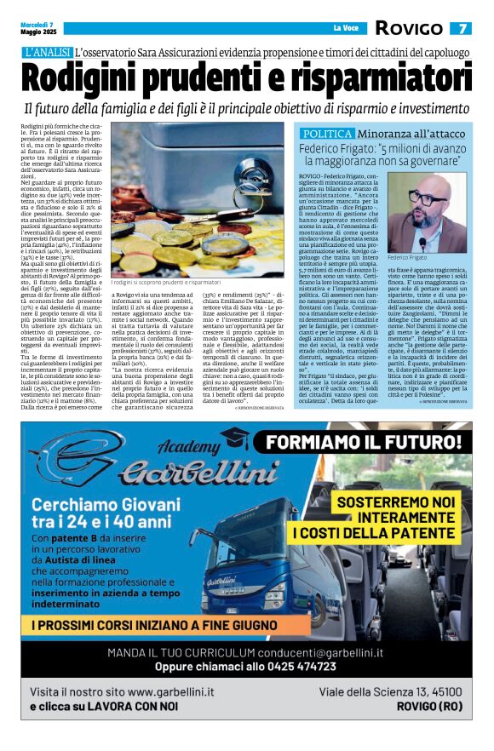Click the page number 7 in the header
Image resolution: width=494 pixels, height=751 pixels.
[461, 28]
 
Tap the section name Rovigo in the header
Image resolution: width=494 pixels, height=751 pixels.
[408, 28]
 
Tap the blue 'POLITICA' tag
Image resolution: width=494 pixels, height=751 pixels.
[328, 135]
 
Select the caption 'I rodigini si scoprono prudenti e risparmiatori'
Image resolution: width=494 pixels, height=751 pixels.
[166, 282]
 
